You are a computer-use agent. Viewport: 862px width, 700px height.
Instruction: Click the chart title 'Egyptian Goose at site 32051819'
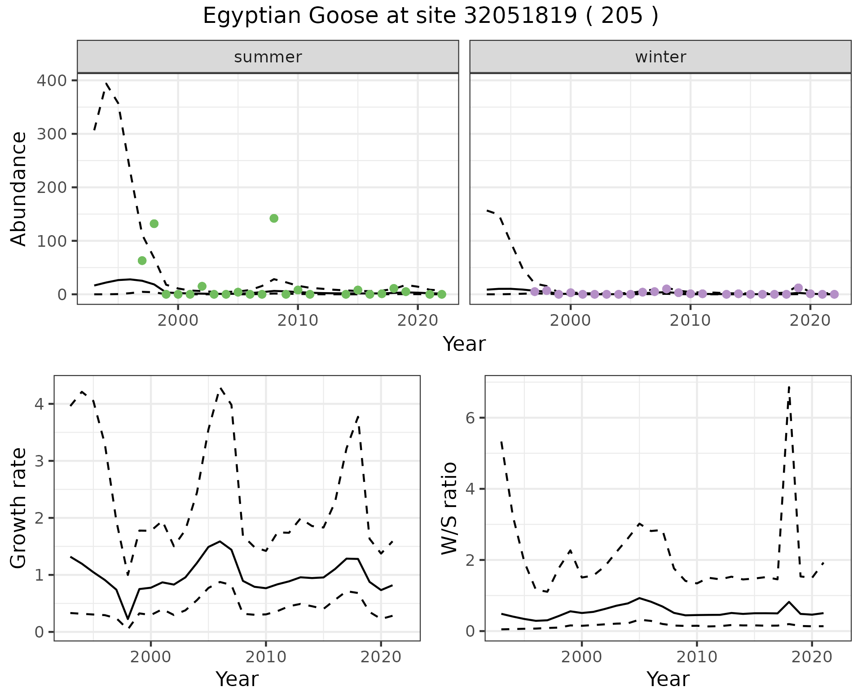tap(430, 16)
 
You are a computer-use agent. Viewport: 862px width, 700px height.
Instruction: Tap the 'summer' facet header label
tap(268, 57)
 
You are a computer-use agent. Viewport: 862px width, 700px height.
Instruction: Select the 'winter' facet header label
tap(660, 57)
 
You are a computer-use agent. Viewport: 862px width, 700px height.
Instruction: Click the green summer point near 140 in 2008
tap(274, 219)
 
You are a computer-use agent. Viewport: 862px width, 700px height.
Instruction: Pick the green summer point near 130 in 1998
tap(154, 224)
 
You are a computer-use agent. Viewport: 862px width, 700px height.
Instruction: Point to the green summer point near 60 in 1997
tap(142, 261)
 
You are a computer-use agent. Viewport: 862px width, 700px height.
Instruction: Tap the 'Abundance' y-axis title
tap(18, 188)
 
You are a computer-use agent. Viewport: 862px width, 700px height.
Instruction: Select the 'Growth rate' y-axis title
tap(18, 508)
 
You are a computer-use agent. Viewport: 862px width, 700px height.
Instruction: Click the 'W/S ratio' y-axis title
tap(449, 508)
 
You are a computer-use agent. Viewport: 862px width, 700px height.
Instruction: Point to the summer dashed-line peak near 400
tap(106, 83)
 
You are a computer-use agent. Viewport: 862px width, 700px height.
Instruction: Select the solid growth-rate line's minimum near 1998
tap(128, 619)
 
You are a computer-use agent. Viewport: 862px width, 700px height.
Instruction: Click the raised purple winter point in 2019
tap(798, 288)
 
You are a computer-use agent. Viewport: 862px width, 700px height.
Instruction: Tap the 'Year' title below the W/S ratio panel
tap(668, 679)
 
